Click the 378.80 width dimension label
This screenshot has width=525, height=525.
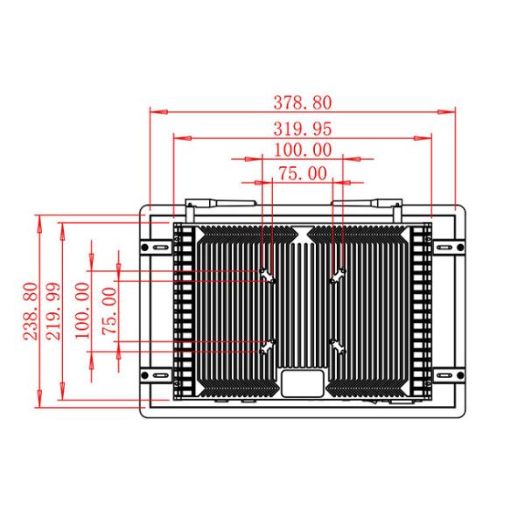click(303, 102)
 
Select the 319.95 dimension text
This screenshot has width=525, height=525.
click(303, 129)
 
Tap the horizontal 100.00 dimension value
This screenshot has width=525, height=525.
click(303, 150)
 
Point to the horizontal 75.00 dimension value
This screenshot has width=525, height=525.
click(303, 173)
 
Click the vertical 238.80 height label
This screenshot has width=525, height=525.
click(31, 311)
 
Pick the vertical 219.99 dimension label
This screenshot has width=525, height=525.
click(53, 311)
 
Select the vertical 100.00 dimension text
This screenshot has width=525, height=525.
click(82, 311)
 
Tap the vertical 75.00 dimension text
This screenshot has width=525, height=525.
click(109, 311)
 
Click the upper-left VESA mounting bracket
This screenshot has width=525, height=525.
click(268, 276)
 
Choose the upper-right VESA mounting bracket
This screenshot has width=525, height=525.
click(338, 276)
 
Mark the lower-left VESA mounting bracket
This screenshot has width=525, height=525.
click(268, 346)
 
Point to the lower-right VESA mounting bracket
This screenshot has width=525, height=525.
click(338, 346)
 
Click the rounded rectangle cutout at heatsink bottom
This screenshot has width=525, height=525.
click(303, 383)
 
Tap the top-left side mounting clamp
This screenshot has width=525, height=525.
click(156, 248)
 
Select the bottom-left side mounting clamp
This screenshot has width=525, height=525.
click(156, 375)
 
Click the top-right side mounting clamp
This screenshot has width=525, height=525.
click(449, 248)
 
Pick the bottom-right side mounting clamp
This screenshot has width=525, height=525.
click(449, 375)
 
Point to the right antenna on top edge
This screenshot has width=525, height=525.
click(367, 204)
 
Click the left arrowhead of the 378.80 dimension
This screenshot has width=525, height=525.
click(158, 112)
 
